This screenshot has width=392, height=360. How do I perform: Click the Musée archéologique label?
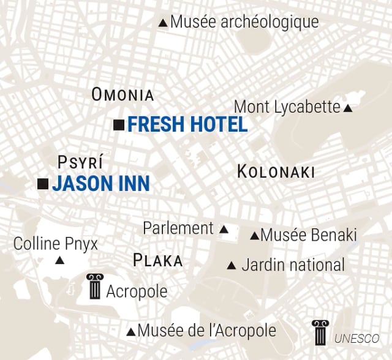click(244, 22)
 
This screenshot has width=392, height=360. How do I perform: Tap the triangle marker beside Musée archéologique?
click(163, 23)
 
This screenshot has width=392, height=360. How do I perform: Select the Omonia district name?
click(123, 94)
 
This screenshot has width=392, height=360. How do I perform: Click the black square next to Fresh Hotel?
click(119, 125)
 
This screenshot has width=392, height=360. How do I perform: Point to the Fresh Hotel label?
click(187, 125)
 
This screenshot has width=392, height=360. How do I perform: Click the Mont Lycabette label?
click(287, 107)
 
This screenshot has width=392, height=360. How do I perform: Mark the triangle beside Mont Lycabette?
click(348, 108)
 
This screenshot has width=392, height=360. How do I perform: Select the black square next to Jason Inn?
click(43, 184)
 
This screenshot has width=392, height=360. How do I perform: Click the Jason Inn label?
click(100, 184)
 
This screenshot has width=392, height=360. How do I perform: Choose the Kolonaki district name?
click(276, 172)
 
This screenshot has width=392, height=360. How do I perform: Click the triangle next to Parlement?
click(224, 230)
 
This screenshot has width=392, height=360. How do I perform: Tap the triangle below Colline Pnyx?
click(59, 261)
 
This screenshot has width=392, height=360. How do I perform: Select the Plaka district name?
click(157, 261)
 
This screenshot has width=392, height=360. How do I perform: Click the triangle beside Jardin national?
click(232, 266)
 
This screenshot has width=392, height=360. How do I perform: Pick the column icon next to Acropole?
click(95, 286)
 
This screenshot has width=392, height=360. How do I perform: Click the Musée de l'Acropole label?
click(206, 331)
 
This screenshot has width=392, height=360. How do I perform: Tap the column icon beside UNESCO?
click(319, 332)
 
